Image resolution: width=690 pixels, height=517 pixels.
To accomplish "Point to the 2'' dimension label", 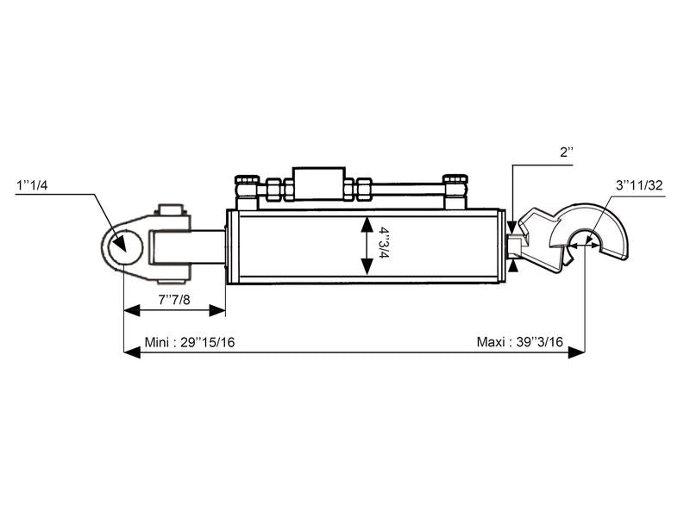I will (x=567, y=153).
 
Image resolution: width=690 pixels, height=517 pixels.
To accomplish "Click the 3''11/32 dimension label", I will (x=639, y=185).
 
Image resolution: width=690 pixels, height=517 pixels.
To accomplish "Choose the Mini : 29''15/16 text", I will (x=189, y=342).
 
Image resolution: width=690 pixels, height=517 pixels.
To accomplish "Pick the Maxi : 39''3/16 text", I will (x=520, y=342).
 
